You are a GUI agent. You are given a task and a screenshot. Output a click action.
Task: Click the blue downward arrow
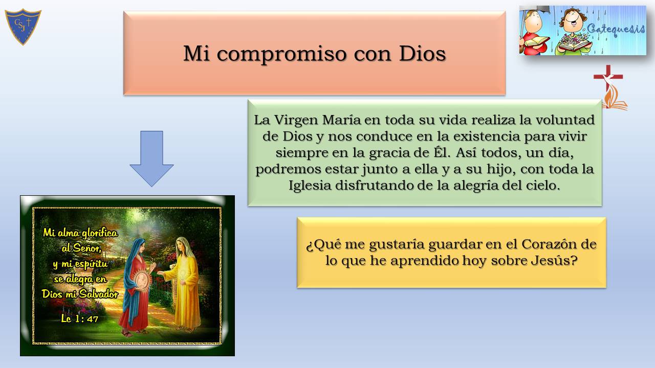coord(151,158)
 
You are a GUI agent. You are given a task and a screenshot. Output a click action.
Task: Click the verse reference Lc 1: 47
coord(79,318)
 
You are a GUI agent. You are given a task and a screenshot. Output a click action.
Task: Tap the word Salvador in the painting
coord(99,294)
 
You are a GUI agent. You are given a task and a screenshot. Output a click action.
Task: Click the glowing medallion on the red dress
coord(143,281)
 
